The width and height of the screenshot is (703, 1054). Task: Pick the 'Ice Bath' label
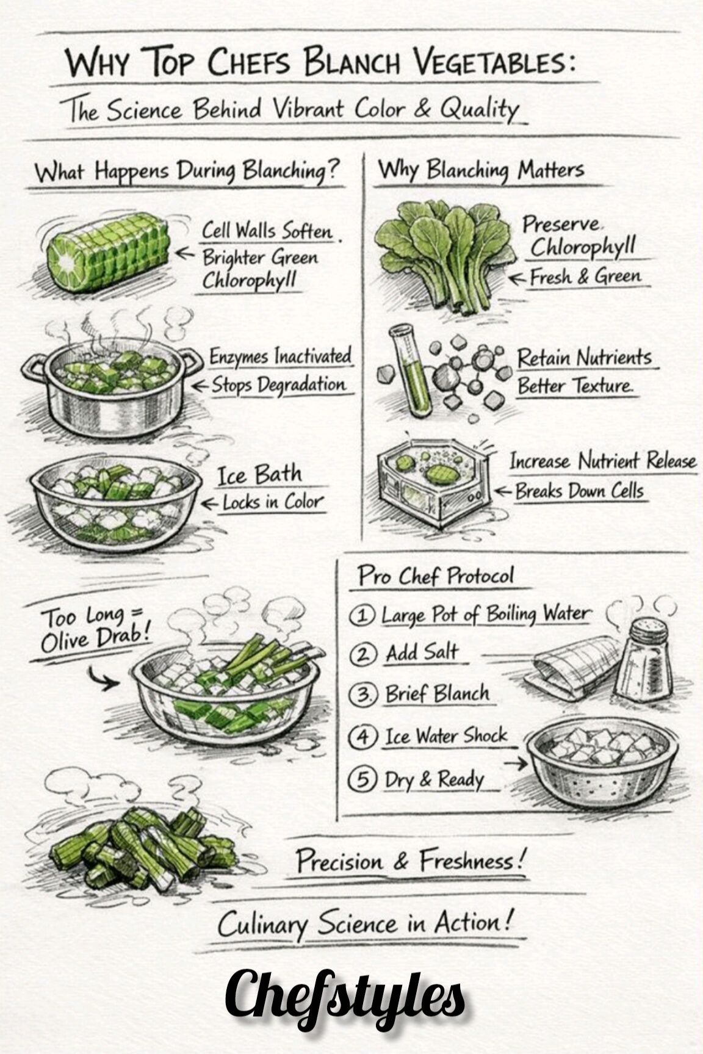[260, 474]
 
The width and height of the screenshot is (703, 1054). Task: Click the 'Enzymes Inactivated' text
[281, 356]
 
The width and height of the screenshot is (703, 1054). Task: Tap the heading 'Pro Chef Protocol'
[436, 576]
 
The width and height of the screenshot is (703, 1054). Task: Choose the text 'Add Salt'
[422, 654]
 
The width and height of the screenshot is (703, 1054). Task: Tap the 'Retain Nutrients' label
[585, 357]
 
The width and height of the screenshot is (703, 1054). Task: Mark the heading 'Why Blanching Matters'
[481, 170]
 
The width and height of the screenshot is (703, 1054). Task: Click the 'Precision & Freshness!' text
[410, 861]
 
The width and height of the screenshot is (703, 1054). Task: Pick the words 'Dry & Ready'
[434, 779]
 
